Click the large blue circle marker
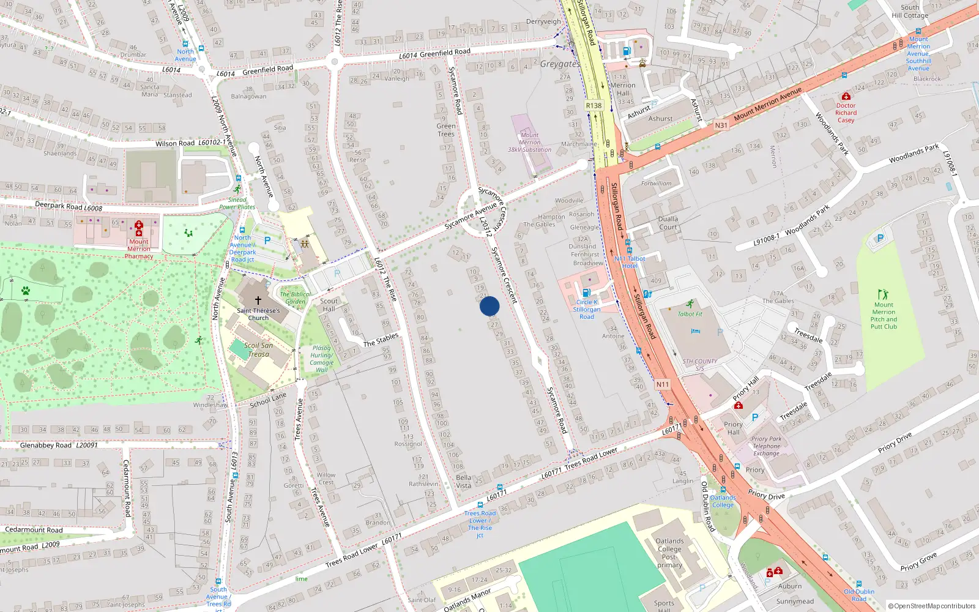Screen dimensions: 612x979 489,306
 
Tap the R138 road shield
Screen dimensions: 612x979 594,105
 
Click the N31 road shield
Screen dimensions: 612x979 721,125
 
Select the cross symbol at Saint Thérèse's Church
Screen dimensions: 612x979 258,300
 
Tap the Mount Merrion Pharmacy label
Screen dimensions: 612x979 139,249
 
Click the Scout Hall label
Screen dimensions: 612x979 329,305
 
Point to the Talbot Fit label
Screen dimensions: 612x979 690,314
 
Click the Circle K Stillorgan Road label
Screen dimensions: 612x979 586,309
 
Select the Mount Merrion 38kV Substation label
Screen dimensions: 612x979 530,143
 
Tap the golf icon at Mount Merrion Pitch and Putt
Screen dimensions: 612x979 882,294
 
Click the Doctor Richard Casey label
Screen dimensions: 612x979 846,113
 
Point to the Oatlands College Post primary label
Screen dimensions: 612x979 669,553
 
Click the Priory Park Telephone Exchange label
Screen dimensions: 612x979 766,446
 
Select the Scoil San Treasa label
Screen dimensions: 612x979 258,349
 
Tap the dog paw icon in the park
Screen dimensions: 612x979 26,291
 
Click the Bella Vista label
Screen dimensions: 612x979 464,482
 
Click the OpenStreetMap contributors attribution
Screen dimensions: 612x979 932,606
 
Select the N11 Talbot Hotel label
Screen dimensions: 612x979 630,262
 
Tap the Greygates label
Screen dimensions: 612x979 560,64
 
